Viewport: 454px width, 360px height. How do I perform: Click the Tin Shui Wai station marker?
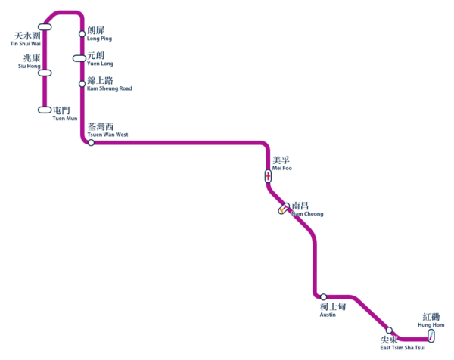pyautogui.click(x=45, y=27)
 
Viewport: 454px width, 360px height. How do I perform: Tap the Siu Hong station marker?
pyautogui.click(x=45, y=73)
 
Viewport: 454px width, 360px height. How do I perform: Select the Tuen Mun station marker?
pyautogui.click(x=45, y=110)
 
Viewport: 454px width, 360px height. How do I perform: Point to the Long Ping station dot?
pyautogui.click(x=82, y=34)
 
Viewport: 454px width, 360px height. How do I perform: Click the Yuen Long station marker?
pyautogui.click(x=79, y=58)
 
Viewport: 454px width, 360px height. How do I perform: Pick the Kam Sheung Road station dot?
pyautogui.click(x=82, y=84)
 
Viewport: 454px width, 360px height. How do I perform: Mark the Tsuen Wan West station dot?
pyautogui.click(x=91, y=142)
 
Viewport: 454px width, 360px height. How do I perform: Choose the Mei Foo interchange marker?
pyautogui.click(x=268, y=175)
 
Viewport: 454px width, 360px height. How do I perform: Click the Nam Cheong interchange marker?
pyautogui.click(x=284, y=209)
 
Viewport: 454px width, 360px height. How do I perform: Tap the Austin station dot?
pyautogui.click(x=323, y=297)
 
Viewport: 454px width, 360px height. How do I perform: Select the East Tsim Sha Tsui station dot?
pyautogui.click(x=389, y=331)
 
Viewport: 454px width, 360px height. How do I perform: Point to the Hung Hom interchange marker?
pyautogui.click(x=431, y=336)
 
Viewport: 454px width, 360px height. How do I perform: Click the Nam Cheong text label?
pyautogui.click(x=306, y=209)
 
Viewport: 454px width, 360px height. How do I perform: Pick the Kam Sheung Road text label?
pyautogui.click(x=109, y=84)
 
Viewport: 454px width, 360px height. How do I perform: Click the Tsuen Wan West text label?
pyautogui.click(x=107, y=130)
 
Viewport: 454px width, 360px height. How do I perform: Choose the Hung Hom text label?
pyautogui.click(x=431, y=320)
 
